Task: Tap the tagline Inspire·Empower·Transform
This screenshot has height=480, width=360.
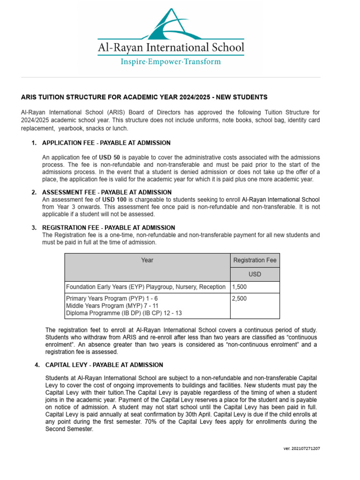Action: click(171, 61)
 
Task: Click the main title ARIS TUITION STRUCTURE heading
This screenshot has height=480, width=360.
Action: click(144, 97)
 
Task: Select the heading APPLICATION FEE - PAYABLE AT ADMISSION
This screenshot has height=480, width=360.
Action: click(106, 142)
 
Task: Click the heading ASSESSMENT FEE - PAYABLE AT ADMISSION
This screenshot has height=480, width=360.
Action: click(107, 192)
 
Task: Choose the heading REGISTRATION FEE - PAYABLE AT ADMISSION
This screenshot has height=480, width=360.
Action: click(109, 227)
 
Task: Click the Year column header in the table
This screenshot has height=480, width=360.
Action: click(147, 260)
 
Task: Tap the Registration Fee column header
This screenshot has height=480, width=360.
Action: click(255, 260)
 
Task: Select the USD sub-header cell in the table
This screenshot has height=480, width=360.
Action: click(255, 274)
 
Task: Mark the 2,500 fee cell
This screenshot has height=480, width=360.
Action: click(240, 298)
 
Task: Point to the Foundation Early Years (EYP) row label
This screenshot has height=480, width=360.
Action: click(146, 287)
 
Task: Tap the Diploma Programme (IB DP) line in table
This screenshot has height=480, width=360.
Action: click(124, 313)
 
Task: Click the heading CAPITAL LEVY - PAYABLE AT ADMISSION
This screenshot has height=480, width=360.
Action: click(104, 365)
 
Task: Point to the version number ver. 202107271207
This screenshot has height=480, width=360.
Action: click(302, 448)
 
